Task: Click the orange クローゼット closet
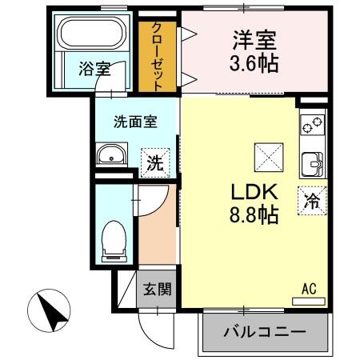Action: coord(158,54)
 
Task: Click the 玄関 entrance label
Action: coord(157,289)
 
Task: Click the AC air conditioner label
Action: coord(309,289)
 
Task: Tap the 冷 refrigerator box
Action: coord(311,200)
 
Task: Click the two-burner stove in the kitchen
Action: coord(312,126)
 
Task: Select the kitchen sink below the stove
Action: coord(312,162)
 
